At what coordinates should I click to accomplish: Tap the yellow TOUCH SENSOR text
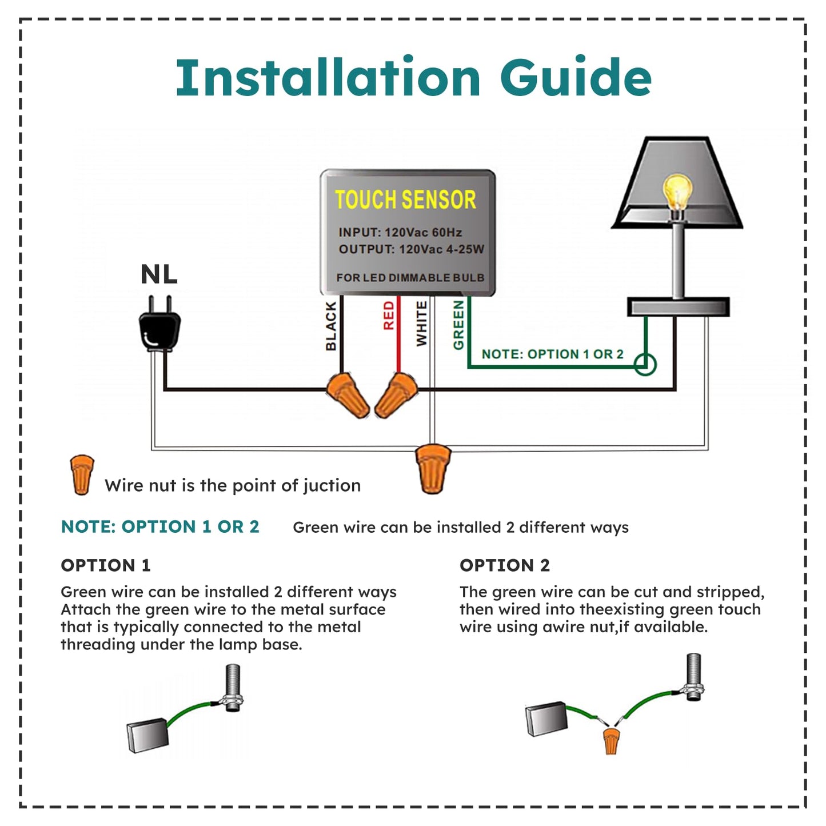pos(405,200)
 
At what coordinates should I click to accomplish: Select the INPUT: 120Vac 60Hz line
pos(400,233)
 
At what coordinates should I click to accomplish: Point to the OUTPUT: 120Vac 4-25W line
pos(411,249)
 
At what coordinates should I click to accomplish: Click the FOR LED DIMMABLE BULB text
pos(410,278)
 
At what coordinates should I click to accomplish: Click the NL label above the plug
pos(159,274)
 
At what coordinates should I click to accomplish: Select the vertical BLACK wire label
pos(331,326)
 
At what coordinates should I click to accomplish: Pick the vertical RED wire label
pos(389,316)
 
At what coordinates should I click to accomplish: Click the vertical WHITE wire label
pos(422,324)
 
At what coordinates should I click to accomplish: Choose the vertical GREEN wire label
pos(458,325)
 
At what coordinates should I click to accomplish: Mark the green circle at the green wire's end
pos(645,364)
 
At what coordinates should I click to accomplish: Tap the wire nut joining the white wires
pos(433,468)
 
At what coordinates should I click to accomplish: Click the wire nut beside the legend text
pos(82,474)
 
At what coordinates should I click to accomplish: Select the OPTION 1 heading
pos(106,565)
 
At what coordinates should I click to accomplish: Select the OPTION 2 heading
pos(505,565)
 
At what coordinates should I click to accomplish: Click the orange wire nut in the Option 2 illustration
pos(611,740)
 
